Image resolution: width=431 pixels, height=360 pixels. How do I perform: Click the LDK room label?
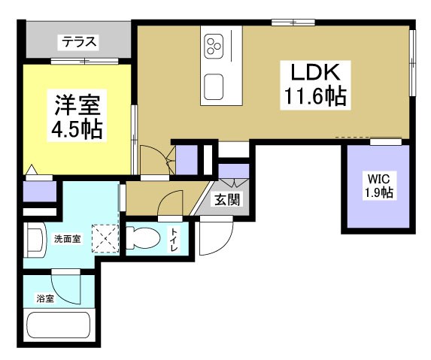[x=311, y=74]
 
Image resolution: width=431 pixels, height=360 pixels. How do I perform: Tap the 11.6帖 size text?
[x=314, y=98]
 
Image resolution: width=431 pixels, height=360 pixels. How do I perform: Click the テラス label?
[x=77, y=42]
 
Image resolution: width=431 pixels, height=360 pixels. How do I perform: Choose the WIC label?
[x=378, y=179]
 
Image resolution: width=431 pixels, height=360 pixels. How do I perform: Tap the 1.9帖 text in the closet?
[x=378, y=193]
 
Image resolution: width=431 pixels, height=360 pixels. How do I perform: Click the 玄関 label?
[x=227, y=200]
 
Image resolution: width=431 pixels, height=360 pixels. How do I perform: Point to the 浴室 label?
[x=45, y=298]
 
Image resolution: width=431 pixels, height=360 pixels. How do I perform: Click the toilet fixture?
[x=143, y=238]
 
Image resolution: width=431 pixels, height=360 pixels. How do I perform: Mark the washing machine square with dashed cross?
[x=105, y=239]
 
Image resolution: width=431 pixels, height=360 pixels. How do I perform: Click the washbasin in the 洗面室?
[x=34, y=240]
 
